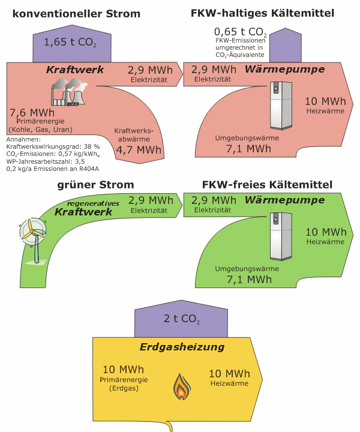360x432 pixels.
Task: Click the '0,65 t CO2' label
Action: click(x=240, y=32)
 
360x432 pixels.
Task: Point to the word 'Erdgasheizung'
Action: click(x=182, y=347)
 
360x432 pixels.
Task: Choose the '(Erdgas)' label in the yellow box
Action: click(x=124, y=389)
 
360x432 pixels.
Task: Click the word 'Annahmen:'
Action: click(x=22, y=139)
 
